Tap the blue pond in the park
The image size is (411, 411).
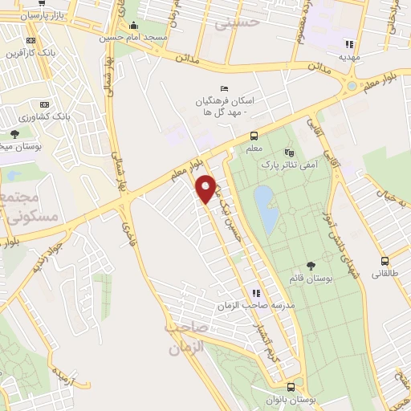(267, 207)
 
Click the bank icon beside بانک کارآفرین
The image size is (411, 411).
(31, 40)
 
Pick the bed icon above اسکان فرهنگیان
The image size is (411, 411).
(223, 88)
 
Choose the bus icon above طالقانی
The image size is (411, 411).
(385, 261)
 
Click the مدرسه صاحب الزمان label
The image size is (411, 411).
(250, 307)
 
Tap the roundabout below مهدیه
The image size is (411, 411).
(351, 86)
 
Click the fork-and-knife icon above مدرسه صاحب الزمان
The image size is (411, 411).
(255, 294)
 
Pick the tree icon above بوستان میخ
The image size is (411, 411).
(14, 134)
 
